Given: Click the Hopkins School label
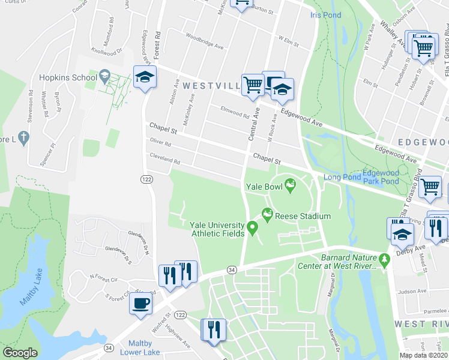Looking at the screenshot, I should coord(68,77).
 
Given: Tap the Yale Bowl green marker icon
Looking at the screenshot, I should coord(291,186).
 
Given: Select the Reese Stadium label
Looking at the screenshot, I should coord(303,216).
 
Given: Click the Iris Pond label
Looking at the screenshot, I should coord(326,15).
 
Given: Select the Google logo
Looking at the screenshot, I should coord(20,353).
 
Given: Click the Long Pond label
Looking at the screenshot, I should coord(342,177).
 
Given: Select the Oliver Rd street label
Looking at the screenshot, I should coord(160,144).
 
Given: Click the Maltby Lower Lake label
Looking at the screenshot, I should coord(140,347).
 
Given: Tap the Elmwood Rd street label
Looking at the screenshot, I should coord(235,112).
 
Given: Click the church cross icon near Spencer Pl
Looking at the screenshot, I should coord(23,139).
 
